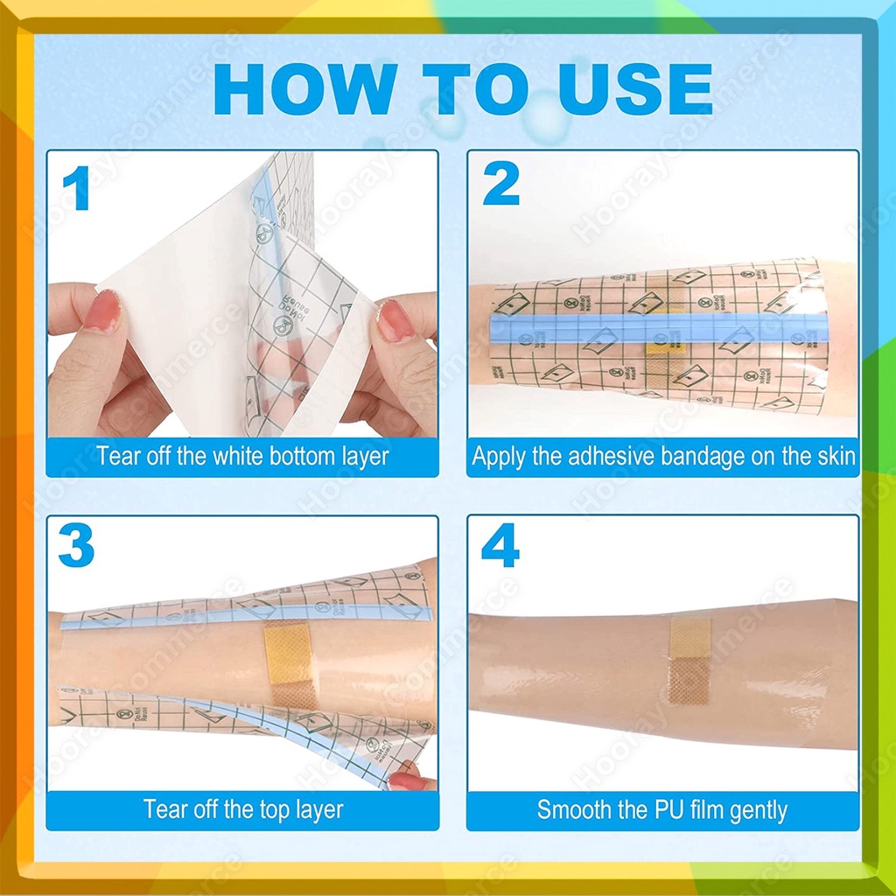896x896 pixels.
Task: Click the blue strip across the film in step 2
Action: [656, 328]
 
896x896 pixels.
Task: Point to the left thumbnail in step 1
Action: [102, 311]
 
